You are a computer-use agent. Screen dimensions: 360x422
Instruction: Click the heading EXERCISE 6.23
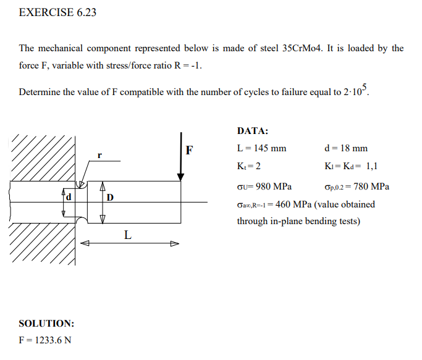pyautogui.click(x=57, y=12)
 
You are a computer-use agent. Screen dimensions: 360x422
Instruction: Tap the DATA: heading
pyautogui.click(x=253, y=131)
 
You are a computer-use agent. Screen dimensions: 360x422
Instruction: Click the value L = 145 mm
pyautogui.click(x=262, y=148)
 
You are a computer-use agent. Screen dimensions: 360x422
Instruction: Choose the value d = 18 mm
pyautogui.click(x=345, y=148)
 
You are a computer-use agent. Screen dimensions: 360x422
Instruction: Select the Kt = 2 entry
pyautogui.click(x=249, y=166)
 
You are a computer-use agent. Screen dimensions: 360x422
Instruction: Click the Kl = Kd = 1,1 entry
pyautogui.click(x=350, y=166)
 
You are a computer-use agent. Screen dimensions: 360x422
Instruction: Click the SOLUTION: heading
pyautogui.click(x=47, y=323)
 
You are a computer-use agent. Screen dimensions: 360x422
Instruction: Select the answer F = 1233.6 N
pyautogui.click(x=45, y=340)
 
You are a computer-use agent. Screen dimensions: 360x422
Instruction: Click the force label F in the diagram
pyautogui.click(x=189, y=149)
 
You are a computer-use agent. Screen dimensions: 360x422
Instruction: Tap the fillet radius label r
pyautogui.click(x=99, y=153)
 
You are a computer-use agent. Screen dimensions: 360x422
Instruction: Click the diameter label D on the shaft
pyautogui.click(x=110, y=198)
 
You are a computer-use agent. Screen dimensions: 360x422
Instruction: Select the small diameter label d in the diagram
pyautogui.click(x=69, y=197)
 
